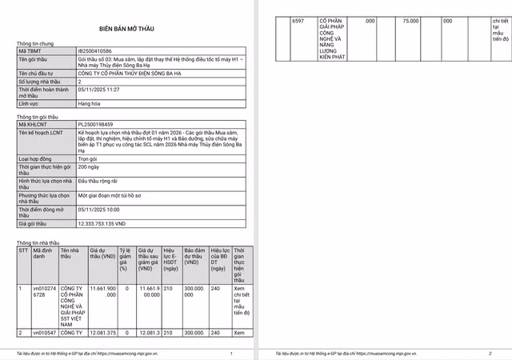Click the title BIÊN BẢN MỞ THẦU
127,28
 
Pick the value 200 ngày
87,166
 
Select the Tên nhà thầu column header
71,254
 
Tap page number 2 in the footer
490,353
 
